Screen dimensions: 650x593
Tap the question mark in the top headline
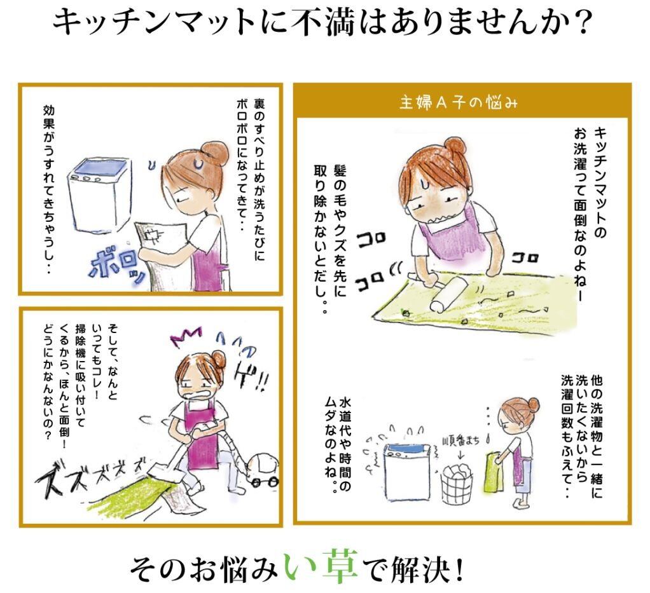click(581, 22)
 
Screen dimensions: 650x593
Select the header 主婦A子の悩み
click(459, 102)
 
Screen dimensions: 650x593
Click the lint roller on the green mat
click(438, 289)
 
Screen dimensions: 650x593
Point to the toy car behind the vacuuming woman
click(264, 471)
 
